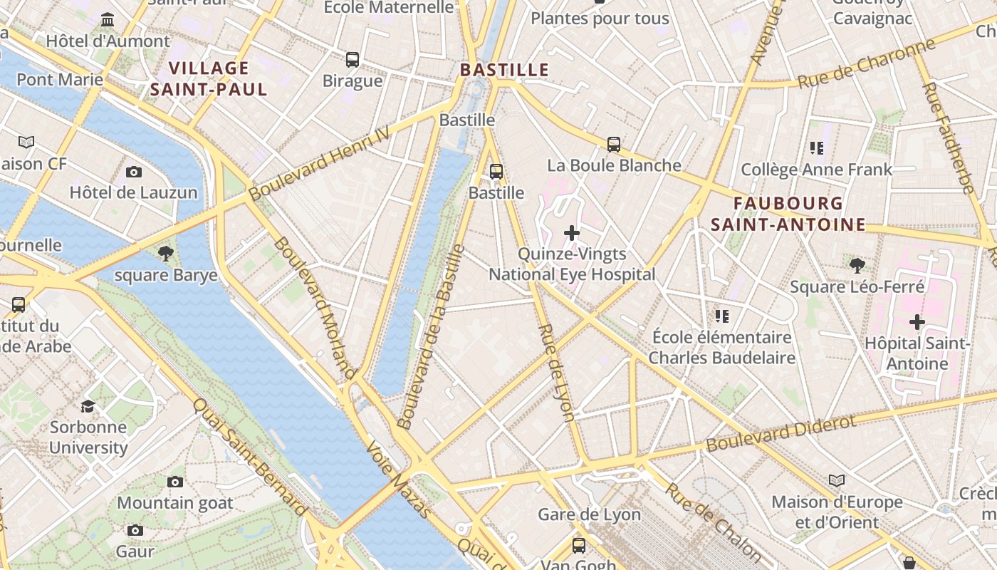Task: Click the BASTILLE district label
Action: [x=504, y=70]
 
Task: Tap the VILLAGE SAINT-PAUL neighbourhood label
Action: [x=209, y=79]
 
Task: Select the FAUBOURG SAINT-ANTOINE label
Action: [x=788, y=214]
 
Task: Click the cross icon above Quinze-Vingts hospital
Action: [x=571, y=233]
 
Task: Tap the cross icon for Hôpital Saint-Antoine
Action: [x=917, y=322]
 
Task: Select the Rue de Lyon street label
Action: [x=557, y=373]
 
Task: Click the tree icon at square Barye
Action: [x=166, y=253]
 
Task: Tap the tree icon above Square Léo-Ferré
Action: [x=857, y=266]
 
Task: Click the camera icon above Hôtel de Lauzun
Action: [x=133, y=172]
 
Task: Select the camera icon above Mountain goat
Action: [x=174, y=482]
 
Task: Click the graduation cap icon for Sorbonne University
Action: [x=88, y=406]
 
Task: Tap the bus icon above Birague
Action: [x=353, y=60]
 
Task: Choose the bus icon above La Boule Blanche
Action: [x=614, y=145]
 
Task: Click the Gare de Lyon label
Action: [x=589, y=514]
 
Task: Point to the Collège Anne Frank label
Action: [x=816, y=170]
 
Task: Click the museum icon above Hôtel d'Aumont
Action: [x=108, y=19]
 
